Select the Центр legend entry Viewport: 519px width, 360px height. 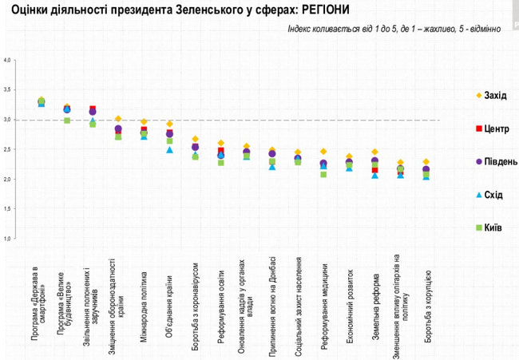click(485, 129)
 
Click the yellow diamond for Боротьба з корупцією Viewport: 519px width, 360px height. click(426, 162)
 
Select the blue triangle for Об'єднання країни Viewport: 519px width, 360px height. click(169, 150)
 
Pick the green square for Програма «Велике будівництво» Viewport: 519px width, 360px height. click(67, 121)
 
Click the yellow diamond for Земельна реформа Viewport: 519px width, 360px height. click(374, 152)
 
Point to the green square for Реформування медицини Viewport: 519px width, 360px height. click(323, 174)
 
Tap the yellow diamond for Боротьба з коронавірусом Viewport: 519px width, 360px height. click(196, 139)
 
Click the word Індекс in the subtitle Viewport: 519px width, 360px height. click(302, 29)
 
